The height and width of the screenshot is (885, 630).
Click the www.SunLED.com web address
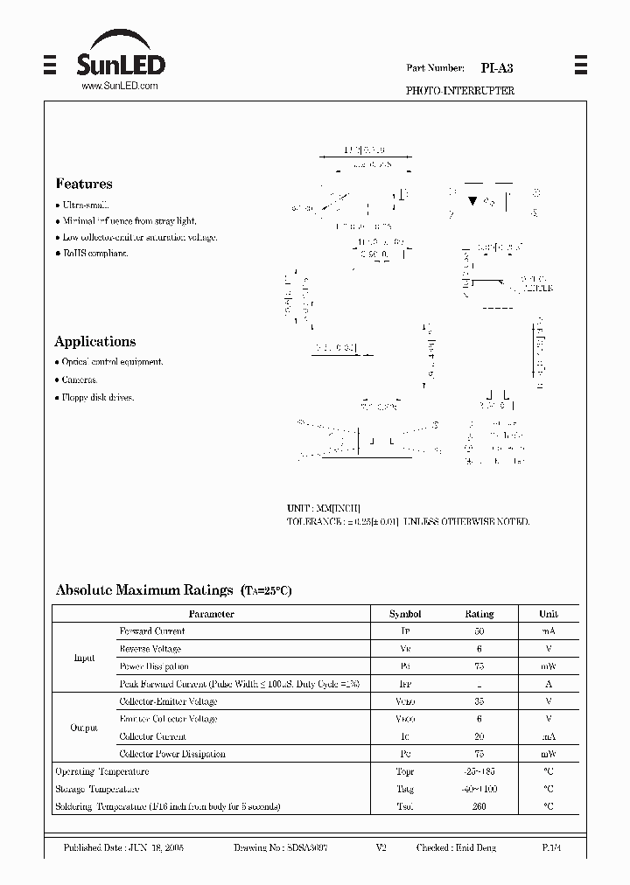[119, 86]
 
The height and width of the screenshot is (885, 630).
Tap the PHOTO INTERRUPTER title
[460, 91]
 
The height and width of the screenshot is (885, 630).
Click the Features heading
[84, 185]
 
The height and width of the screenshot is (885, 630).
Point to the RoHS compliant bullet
[95, 254]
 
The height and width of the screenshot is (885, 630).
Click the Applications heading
[95, 342]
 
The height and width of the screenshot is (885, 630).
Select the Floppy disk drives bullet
[98, 398]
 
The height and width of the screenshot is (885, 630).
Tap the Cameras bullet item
[79, 380]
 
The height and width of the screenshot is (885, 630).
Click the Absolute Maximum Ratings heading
[144, 590]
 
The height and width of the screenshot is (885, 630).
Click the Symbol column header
[405, 614]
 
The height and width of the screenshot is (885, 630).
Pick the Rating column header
[479, 614]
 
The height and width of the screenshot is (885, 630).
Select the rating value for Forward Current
[479, 631]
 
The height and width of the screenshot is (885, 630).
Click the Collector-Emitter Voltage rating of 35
[479, 701]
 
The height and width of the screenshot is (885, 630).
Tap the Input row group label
[85, 658]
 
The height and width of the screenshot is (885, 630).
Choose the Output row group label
[85, 728]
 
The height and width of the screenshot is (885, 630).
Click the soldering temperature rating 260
[479, 806]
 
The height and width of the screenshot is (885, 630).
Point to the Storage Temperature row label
[97, 789]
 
